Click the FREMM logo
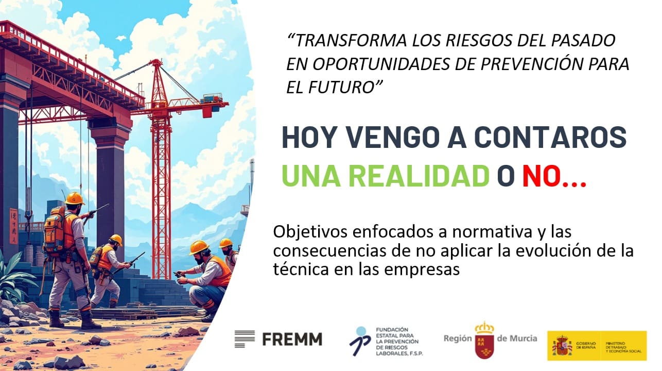coord(278,339)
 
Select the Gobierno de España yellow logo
coord(597,345)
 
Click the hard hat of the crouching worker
coord(198,247)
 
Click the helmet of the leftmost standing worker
coord(75,198)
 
